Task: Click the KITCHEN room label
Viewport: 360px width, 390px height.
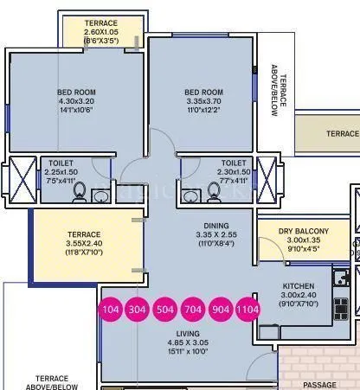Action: tap(297, 285)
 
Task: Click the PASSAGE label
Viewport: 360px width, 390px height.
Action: tap(320, 385)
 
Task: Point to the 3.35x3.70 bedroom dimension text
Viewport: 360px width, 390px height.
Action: tap(204, 100)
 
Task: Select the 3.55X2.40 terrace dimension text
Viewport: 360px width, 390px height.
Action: tap(85, 243)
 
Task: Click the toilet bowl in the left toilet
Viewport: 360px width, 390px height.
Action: tap(79, 191)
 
